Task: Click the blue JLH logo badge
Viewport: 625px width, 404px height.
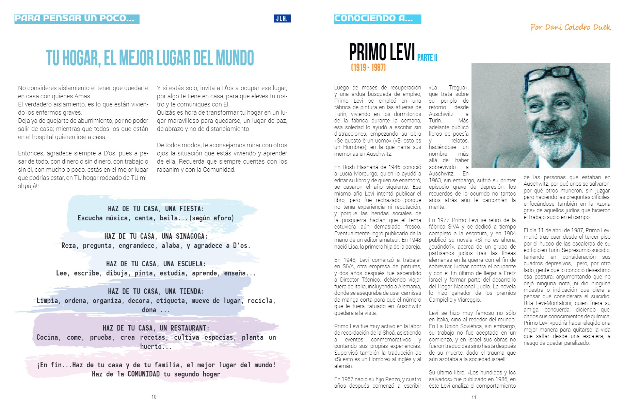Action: click(282, 19)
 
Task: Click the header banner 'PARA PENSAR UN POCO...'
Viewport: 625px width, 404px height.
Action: click(77, 19)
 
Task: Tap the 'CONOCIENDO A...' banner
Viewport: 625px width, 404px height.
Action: click(377, 19)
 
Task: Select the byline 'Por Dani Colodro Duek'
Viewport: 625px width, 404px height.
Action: click(571, 27)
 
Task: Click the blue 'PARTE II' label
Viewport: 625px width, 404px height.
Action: click(427, 57)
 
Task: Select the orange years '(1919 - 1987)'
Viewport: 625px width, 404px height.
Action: click(368, 67)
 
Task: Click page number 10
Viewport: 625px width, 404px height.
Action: click(154, 397)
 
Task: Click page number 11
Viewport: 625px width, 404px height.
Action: click(474, 398)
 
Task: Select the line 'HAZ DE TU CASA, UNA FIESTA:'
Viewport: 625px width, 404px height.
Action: click(156, 209)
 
